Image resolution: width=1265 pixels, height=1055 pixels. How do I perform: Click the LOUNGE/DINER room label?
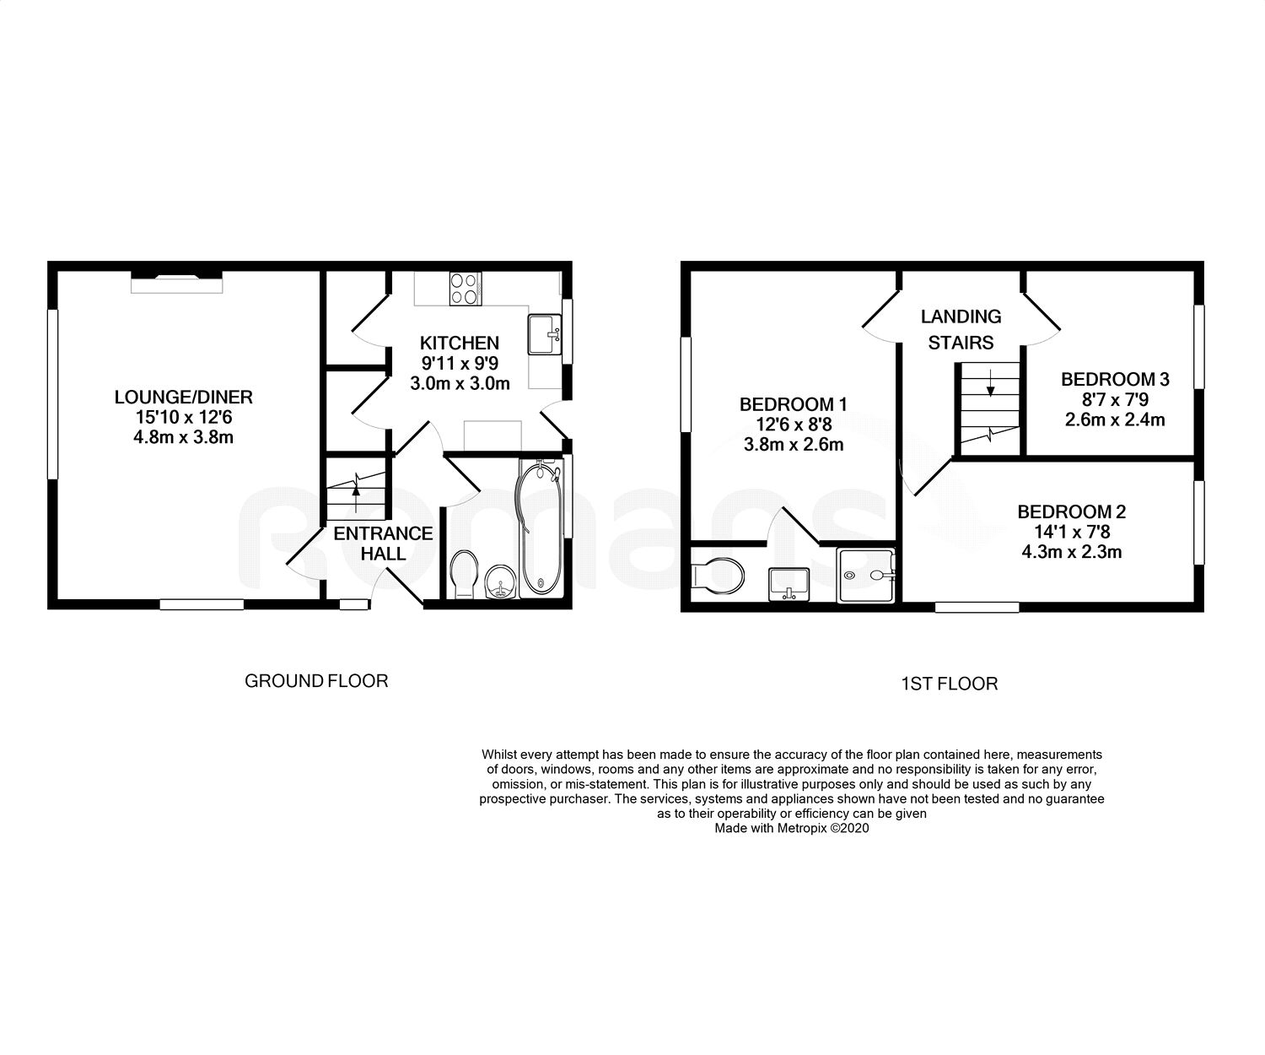pyautogui.click(x=183, y=397)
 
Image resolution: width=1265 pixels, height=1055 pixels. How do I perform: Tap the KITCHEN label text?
pyautogui.click(x=460, y=343)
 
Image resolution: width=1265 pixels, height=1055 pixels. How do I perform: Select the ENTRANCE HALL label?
pyautogui.click(x=383, y=544)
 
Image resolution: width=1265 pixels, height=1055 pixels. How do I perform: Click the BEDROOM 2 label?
pyautogui.click(x=1071, y=511)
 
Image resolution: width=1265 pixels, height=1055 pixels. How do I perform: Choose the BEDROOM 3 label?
pyautogui.click(x=1115, y=379)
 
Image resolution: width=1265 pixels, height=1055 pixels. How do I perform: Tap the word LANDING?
pyautogui.click(x=961, y=316)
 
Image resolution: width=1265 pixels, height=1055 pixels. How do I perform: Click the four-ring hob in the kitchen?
pyautogui.click(x=465, y=289)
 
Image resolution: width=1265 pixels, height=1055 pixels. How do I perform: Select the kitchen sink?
pyautogui.click(x=545, y=335)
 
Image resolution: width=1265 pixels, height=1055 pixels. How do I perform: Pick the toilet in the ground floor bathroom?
pyautogui.click(x=464, y=574)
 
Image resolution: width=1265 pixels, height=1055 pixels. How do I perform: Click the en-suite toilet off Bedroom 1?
pyautogui.click(x=717, y=576)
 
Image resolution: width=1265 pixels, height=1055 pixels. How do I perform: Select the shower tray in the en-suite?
pyautogui.click(x=865, y=575)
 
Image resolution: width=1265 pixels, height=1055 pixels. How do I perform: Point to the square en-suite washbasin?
pyautogui.click(x=789, y=582)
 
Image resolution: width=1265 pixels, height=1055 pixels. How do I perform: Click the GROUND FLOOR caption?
pyautogui.click(x=316, y=680)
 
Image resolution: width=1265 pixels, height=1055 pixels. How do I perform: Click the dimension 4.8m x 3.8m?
pyautogui.click(x=183, y=437)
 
